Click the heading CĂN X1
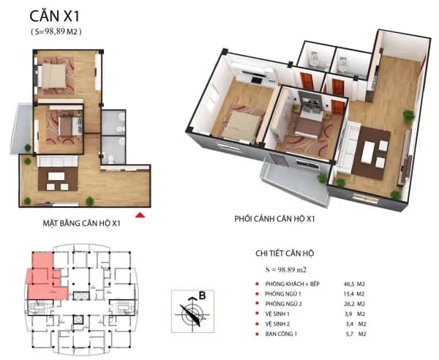click(55, 16)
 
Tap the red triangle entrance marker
click(140, 215)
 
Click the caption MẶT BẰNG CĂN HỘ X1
click(81, 223)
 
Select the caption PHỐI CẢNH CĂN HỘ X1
click(274, 219)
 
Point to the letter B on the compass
click(202, 296)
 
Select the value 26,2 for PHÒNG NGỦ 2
click(349, 304)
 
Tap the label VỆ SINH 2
click(277, 324)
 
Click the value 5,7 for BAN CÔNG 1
click(350, 334)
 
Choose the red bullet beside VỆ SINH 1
click(257, 314)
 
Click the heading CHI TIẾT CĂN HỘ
click(285, 253)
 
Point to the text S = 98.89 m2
click(286, 270)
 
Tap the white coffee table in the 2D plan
click(56, 176)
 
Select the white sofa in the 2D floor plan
click(57, 161)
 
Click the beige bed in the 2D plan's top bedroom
click(53, 75)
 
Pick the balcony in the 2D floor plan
click(22, 129)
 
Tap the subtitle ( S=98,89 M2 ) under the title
click(56, 31)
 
